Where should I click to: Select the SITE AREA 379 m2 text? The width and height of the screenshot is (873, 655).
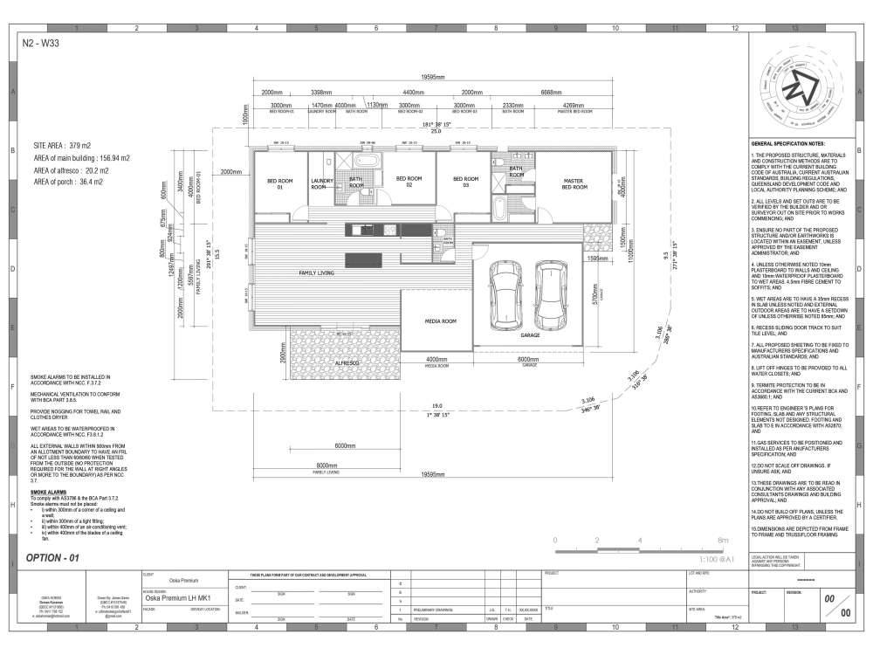(67, 144)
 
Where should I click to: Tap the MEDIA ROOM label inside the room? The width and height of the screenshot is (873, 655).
(440, 321)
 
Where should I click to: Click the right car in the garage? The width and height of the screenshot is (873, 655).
(552, 292)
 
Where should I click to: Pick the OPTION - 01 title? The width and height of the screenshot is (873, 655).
(53, 557)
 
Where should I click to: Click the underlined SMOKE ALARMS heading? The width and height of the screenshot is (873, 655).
(48, 492)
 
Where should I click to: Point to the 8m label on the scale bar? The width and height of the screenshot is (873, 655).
(722, 540)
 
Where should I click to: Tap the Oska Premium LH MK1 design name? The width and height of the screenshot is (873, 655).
(180, 598)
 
